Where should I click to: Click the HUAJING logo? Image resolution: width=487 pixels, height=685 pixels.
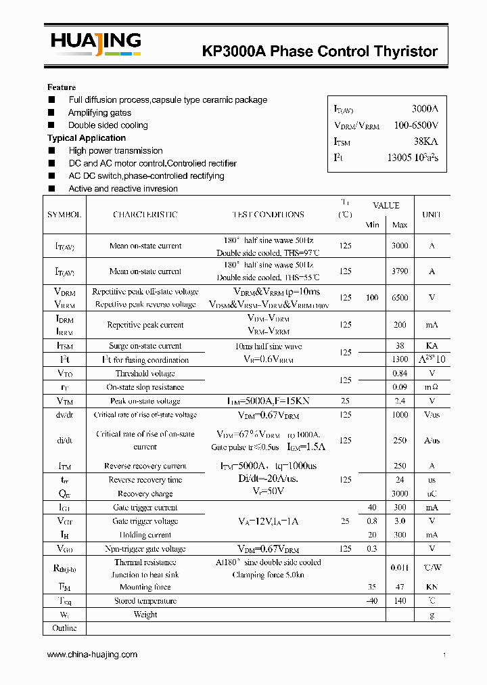pyautogui.click(x=95, y=44)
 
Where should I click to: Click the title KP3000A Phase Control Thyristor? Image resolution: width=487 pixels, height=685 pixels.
pyautogui.click(x=320, y=51)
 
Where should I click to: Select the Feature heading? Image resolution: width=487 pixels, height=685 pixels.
pyautogui.click(x=62, y=87)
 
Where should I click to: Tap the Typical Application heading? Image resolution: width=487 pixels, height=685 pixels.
pyautogui.click(x=87, y=138)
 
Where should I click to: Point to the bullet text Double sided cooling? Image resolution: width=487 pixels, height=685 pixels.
pyautogui.click(x=108, y=125)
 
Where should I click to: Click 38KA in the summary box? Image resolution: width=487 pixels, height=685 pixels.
pyautogui.click(x=425, y=141)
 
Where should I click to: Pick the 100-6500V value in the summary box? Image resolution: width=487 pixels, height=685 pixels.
pyautogui.click(x=416, y=125)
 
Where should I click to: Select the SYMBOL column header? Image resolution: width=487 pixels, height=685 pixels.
pyautogui.click(x=64, y=215)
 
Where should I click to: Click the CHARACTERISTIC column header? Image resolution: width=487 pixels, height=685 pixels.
pyautogui.click(x=145, y=215)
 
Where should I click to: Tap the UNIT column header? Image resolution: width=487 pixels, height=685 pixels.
pyautogui.click(x=432, y=215)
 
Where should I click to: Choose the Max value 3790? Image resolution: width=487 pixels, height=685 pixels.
pyautogui.click(x=400, y=271)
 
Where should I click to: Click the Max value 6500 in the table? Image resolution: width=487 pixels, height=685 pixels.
pyautogui.click(x=400, y=298)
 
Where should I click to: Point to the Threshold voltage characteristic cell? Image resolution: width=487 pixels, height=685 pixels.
pyautogui.click(x=145, y=374)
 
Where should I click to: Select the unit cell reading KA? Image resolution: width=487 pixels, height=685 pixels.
pyautogui.click(x=432, y=346)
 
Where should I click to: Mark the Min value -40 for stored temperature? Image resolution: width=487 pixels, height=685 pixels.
pyautogui.click(x=372, y=601)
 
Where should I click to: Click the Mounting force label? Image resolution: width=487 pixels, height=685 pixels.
pyautogui.click(x=145, y=588)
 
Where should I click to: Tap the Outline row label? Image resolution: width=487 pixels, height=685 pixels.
pyautogui.click(x=64, y=628)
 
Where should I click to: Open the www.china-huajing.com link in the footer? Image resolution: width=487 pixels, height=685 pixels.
pyautogui.click(x=92, y=655)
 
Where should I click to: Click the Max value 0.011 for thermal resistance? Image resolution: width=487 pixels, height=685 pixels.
pyautogui.click(x=400, y=568)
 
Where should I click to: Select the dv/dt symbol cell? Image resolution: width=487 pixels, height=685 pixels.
pyautogui.click(x=64, y=415)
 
